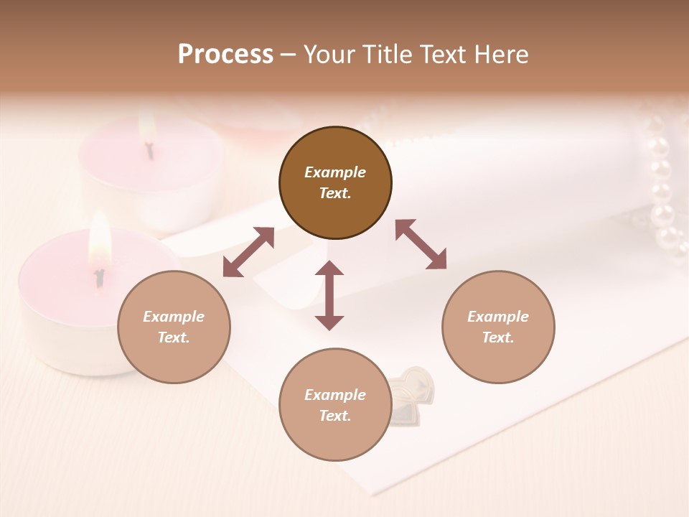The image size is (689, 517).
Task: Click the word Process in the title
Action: pyautogui.click(x=225, y=54)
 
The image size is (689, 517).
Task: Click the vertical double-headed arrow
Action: pyautogui.click(x=329, y=295)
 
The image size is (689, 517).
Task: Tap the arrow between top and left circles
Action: pyautogui.click(x=248, y=252)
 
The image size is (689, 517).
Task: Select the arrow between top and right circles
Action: pyautogui.click(x=421, y=244)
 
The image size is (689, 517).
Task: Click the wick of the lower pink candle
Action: pyautogui.click(x=100, y=276)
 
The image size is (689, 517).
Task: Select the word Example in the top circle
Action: pyautogui.click(x=335, y=172)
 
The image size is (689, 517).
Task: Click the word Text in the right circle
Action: pyautogui.click(x=498, y=337)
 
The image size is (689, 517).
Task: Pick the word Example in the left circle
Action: pyautogui.click(x=174, y=317)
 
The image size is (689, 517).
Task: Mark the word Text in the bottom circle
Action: pyautogui.click(x=335, y=416)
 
